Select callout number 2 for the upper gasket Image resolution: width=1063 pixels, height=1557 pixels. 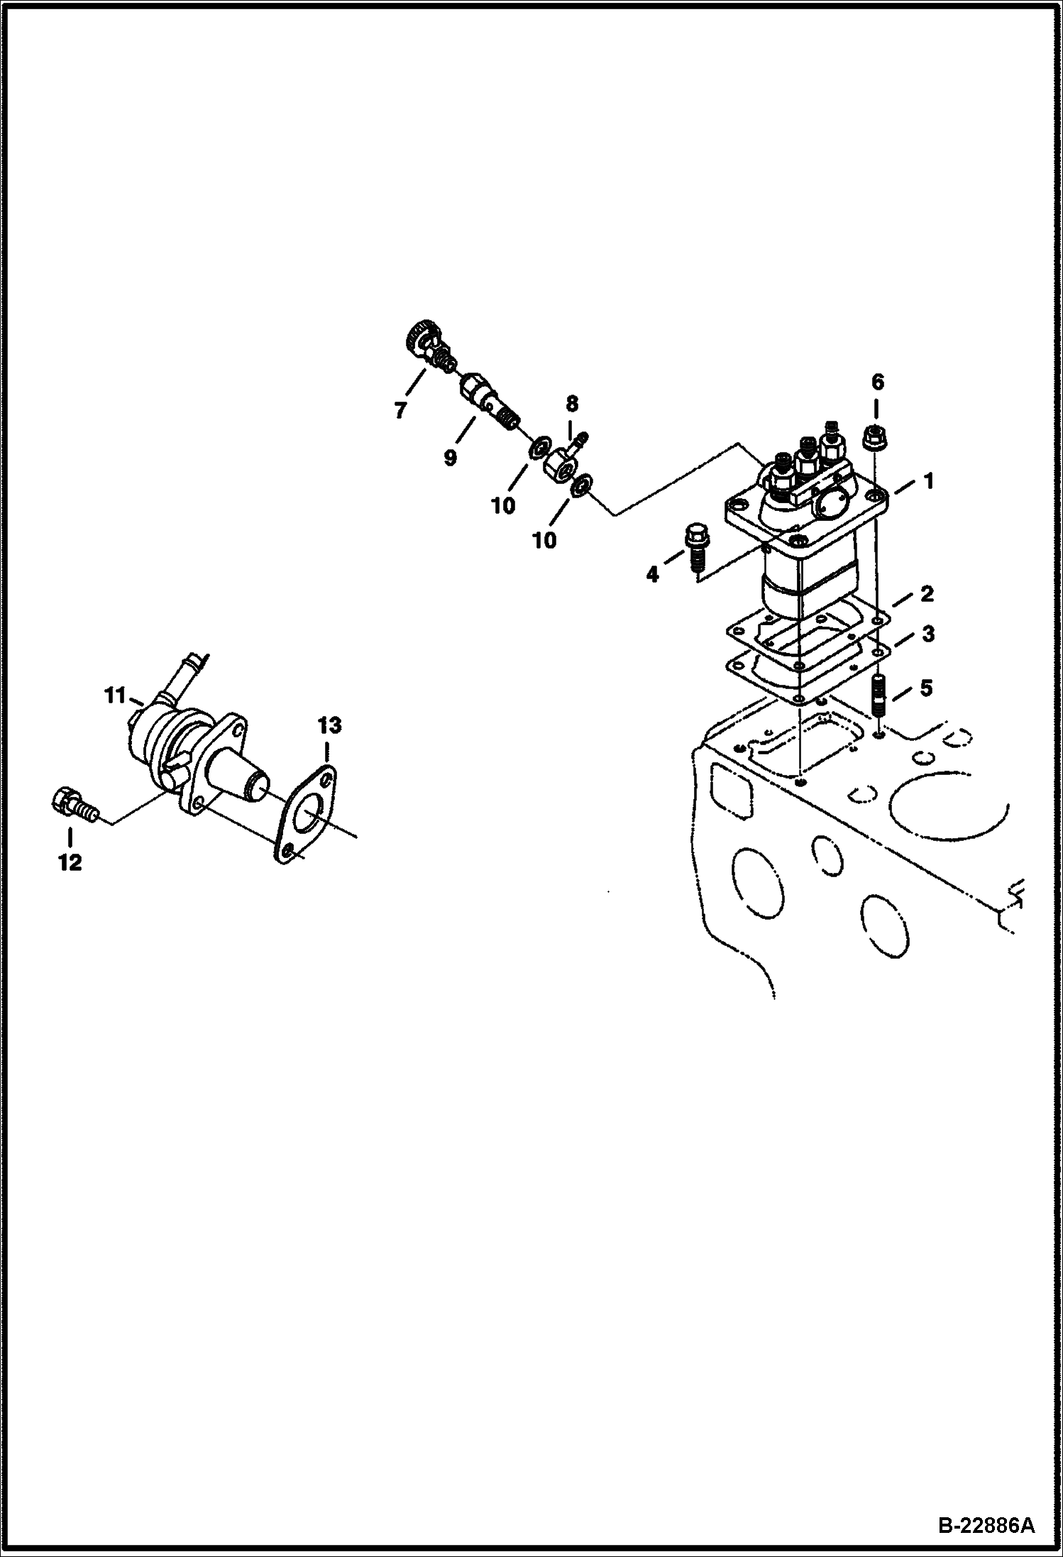pos(927,594)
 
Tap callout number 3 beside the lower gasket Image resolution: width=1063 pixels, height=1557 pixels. pos(927,633)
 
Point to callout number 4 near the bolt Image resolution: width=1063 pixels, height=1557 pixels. pos(651,573)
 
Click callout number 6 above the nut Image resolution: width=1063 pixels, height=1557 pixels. pos(877,383)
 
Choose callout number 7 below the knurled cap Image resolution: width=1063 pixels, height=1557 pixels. pos(401,409)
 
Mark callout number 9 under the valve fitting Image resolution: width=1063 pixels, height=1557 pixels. pos(450,458)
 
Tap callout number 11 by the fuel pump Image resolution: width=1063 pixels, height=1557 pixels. pos(114,696)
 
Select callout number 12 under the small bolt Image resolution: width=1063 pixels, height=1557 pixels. pos(71,863)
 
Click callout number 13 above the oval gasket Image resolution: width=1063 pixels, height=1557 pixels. pos(329,725)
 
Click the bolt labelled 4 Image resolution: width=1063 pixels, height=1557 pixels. pos(695,546)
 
